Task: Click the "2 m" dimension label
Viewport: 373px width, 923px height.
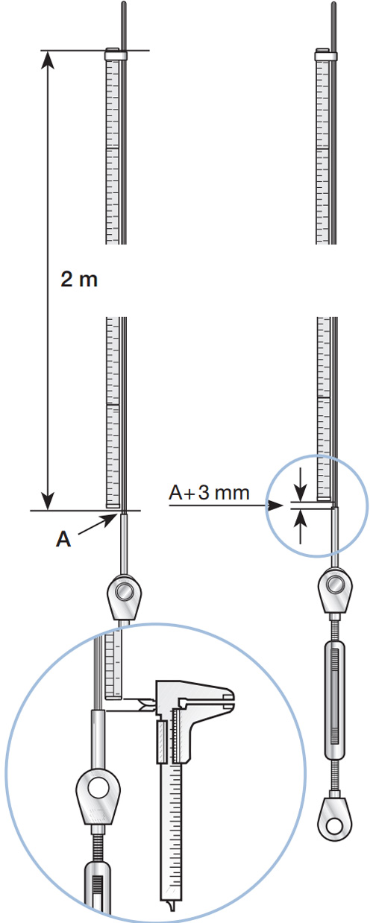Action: click(79, 280)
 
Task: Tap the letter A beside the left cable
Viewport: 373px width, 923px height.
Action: click(63, 539)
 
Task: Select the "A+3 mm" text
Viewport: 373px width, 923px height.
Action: click(210, 492)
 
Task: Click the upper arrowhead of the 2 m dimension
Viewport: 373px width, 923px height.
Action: click(48, 58)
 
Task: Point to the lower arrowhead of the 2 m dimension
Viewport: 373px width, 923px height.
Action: click(48, 502)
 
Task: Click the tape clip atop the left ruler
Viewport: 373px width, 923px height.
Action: click(116, 54)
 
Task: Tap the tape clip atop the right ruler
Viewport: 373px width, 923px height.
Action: click(326, 55)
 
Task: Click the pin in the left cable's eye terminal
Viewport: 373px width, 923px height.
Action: click(123, 592)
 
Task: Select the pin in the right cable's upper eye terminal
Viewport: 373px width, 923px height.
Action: click(336, 584)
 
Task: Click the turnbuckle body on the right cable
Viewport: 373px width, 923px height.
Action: click(336, 700)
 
